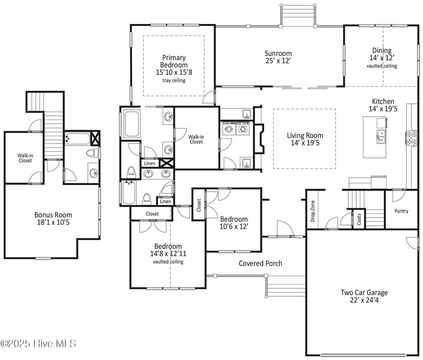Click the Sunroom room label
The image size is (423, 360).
tap(278, 53)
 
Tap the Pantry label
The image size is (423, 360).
tap(401, 211)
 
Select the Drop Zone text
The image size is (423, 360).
tap(313, 211)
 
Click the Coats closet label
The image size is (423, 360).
tap(359, 219)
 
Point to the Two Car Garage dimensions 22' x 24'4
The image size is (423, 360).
tap(364, 300)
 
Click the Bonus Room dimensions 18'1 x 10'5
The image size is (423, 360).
tap(53, 222)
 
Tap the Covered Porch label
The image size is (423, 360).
tap(260, 263)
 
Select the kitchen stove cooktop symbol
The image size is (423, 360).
tap(411, 138)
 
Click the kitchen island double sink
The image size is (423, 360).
tap(381, 136)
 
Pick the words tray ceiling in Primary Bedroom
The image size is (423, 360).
tap(174, 80)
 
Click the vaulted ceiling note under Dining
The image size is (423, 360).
tap(382, 66)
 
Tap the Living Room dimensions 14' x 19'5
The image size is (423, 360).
tap(305, 143)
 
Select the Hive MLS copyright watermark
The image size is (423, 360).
tap(38, 343)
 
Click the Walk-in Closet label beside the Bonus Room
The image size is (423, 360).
tap(26, 158)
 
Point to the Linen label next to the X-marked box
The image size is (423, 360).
tap(149, 163)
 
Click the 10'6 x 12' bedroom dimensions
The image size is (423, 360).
tap(233, 226)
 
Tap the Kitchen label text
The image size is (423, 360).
tap(383, 101)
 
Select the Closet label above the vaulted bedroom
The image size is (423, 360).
tap(152, 214)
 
